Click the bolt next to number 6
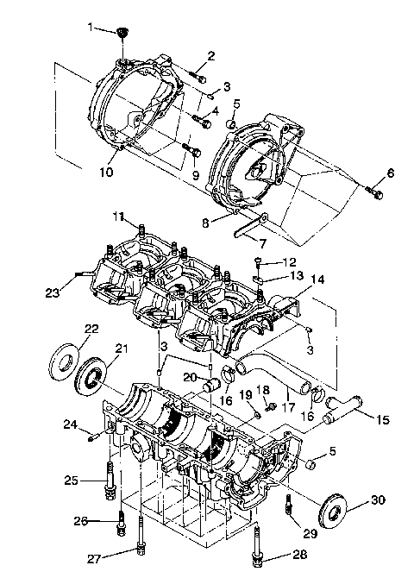point(375,193)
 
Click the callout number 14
point(318,280)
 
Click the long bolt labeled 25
point(111,477)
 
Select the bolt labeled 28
point(257,550)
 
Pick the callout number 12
point(290,261)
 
